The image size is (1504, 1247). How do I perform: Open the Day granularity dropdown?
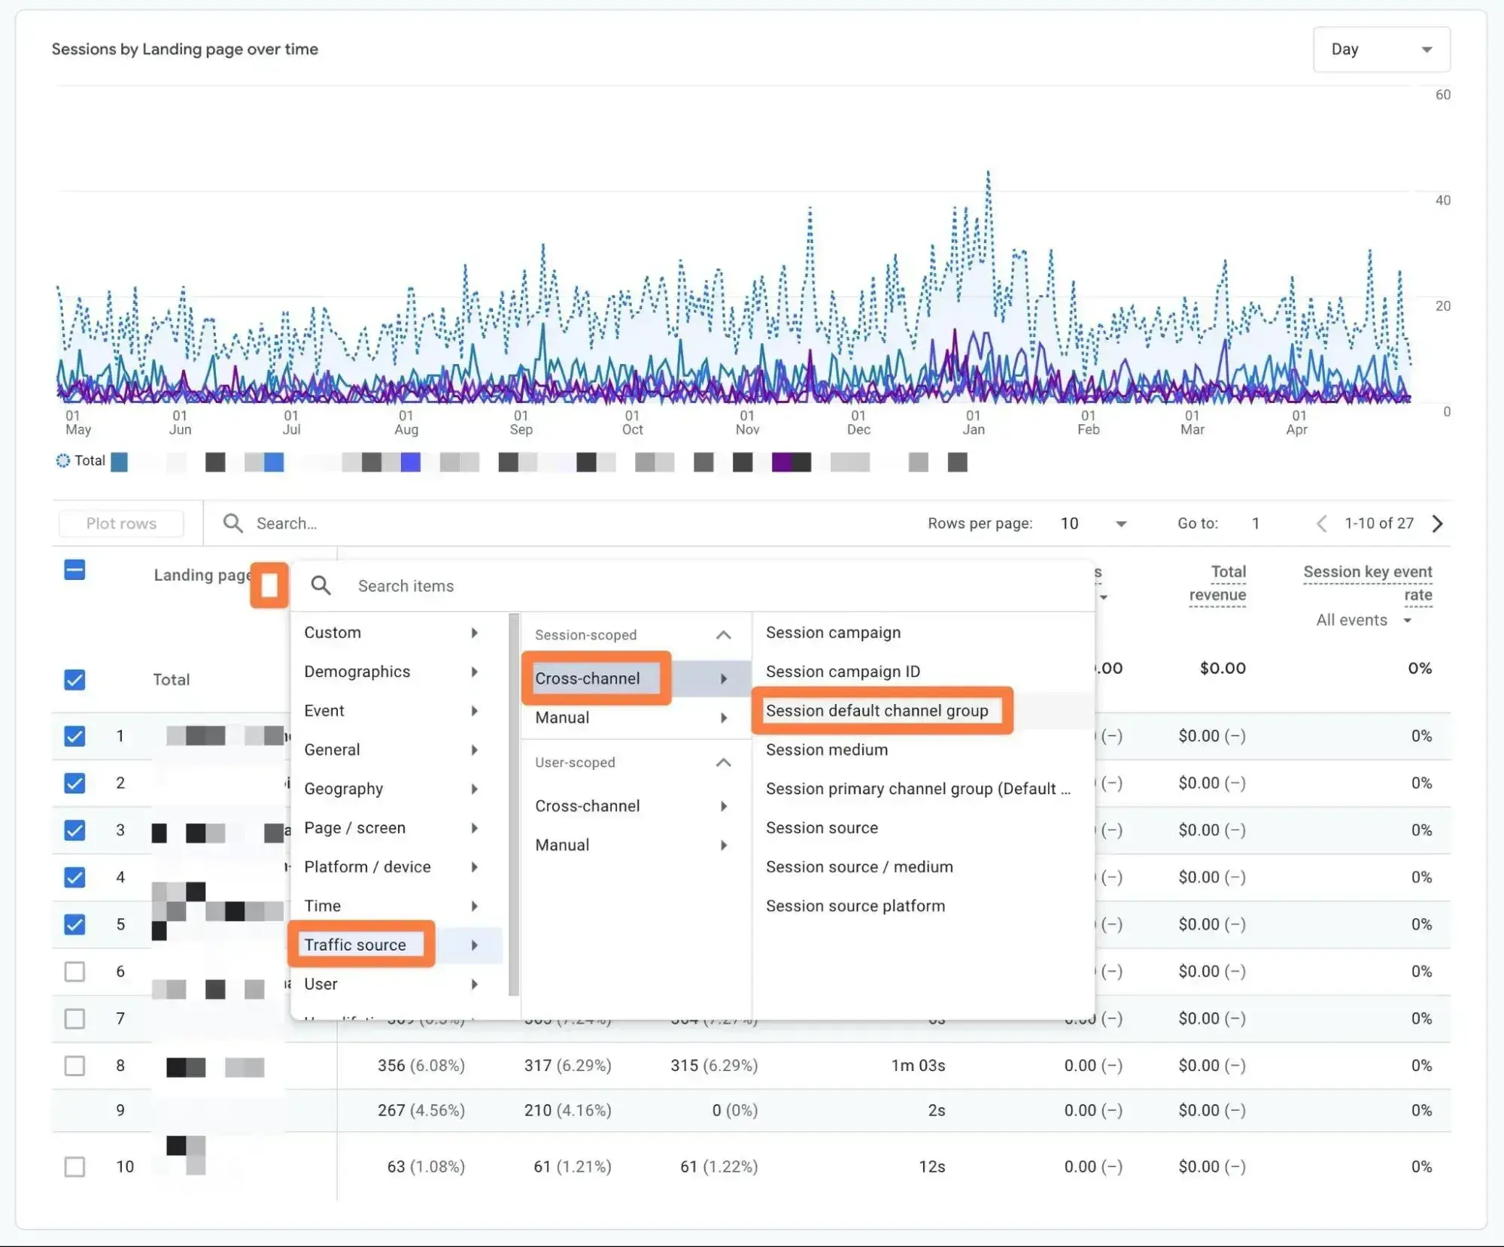[x=1381, y=50]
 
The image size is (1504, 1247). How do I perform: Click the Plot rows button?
[x=121, y=523]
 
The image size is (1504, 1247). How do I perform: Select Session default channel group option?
[x=877, y=711]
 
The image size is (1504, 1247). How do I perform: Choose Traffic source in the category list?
[x=355, y=945]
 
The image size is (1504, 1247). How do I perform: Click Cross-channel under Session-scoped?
[x=588, y=678]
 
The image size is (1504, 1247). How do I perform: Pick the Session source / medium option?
[x=859, y=866]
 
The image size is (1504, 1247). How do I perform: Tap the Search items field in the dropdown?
[x=527, y=586]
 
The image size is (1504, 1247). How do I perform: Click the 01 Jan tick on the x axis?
[x=973, y=422]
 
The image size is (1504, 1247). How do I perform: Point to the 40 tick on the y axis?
[x=1442, y=200]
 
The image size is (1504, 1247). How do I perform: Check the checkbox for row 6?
[x=74, y=971]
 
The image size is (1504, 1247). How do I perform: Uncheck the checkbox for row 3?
[x=74, y=830]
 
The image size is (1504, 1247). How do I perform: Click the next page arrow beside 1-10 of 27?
[x=1437, y=523]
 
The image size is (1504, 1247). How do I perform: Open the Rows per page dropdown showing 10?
[x=1093, y=523]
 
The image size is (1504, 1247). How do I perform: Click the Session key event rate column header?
[x=1367, y=583]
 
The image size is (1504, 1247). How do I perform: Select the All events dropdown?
[x=1363, y=620]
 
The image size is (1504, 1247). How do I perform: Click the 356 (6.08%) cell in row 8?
[x=421, y=1065]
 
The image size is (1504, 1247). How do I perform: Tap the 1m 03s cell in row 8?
[x=918, y=1065]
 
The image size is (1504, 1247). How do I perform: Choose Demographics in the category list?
[x=357, y=672]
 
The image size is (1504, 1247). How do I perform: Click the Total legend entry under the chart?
[x=81, y=460]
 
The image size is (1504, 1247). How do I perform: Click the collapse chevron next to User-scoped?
[x=723, y=763]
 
